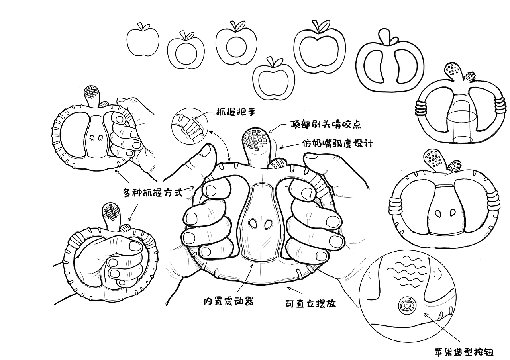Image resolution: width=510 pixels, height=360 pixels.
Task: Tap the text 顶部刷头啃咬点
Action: (x=326, y=125)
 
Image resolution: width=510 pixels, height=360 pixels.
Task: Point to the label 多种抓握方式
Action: (x=152, y=193)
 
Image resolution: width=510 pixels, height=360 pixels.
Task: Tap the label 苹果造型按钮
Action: (x=464, y=352)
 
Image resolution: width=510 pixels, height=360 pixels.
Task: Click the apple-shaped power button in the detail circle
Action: (x=405, y=306)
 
